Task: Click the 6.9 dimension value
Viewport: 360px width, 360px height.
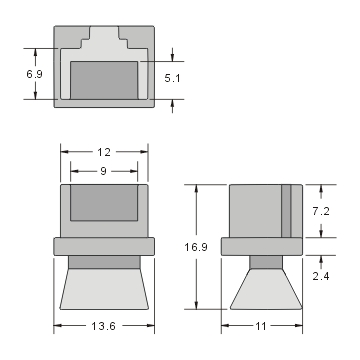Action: pyautogui.click(x=17, y=74)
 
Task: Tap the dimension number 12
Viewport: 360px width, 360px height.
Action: pyautogui.click(x=105, y=152)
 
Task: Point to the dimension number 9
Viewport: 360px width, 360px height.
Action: pyautogui.click(x=105, y=171)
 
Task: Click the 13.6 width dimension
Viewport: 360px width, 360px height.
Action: pyautogui.click(x=105, y=326)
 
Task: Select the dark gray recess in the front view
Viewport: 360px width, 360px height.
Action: pyautogui.click(x=105, y=201)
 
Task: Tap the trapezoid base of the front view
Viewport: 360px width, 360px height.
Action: pyautogui.click(x=105, y=290)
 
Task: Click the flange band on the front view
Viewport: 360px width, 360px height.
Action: pyautogui.click(x=105, y=246)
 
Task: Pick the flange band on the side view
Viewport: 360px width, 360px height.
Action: pyautogui.click(x=262, y=246)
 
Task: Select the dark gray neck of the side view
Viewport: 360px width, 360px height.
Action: pyautogui.click(x=265, y=263)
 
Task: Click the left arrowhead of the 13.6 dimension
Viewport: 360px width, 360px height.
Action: pyautogui.click(x=57, y=326)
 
